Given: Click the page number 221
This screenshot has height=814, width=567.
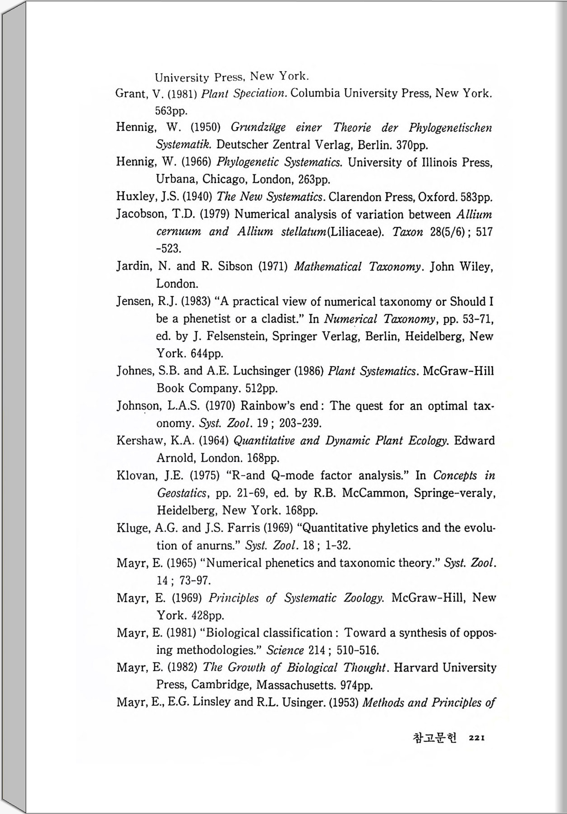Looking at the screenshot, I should coord(477,738).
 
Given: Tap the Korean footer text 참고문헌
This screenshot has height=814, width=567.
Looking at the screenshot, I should coord(434,738).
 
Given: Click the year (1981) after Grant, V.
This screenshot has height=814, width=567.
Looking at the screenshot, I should coord(183,94).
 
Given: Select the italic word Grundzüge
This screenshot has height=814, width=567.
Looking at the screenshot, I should coord(258,128).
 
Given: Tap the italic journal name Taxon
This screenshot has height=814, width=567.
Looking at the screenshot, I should coord(407,232).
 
